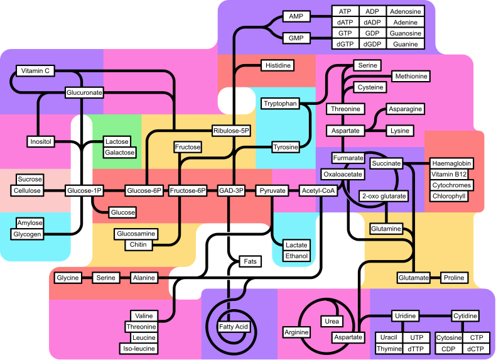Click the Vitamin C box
[x=34, y=71]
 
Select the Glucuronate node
[x=84, y=92]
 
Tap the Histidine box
[x=278, y=65]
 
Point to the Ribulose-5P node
[x=231, y=131]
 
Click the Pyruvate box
[x=272, y=190]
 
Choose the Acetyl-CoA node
[x=317, y=190]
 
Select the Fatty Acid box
[x=234, y=327]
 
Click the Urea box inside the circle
[x=332, y=321]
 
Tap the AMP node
[x=296, y=16]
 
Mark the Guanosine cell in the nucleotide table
[x=405, y=33]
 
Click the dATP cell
[x=345, y=23]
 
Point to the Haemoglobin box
[x=451, y=163]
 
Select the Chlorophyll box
[x=449, y=196]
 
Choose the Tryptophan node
[x=280, y=104]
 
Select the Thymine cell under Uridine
[x=389, y=349]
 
